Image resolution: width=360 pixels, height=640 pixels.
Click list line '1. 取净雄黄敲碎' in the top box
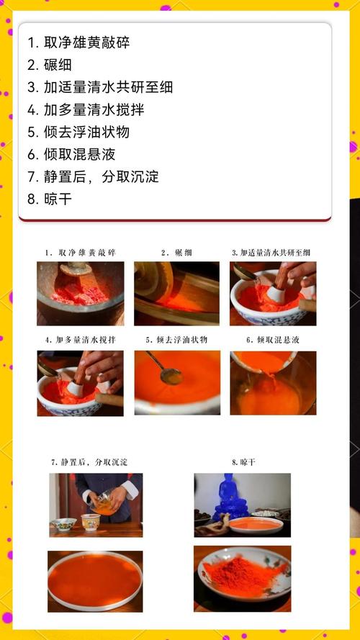78,42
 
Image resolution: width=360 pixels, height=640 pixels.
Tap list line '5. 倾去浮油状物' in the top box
78,132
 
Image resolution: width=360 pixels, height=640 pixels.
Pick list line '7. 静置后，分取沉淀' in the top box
93,176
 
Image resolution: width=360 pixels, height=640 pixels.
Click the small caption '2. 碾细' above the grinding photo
176,253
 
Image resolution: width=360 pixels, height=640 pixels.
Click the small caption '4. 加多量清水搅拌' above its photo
79,339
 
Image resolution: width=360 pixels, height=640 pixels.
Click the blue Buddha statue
231,497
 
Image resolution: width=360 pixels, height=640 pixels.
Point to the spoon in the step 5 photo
169,374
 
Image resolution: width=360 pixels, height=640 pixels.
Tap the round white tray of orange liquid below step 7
95,580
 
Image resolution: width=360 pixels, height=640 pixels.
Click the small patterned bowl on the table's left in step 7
63,523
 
